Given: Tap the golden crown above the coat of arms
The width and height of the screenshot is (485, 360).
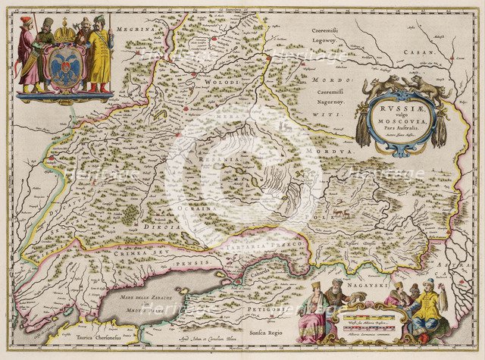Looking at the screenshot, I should pos(65,35).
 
